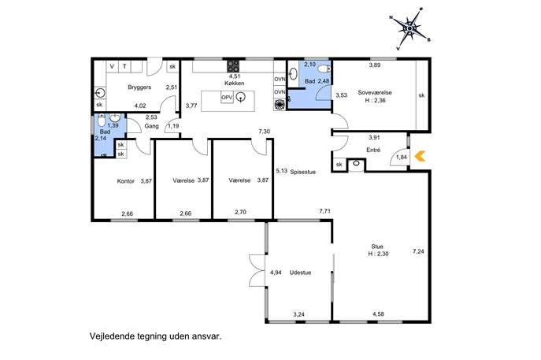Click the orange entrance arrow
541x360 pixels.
(x=420, y=156)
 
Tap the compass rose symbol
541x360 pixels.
(x=409, y=28)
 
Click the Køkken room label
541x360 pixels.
(x=234, y=84)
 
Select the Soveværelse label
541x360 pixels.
(x=375, y=92)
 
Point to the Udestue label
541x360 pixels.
(x=300, y=273)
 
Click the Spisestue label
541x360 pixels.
(x=303, y=172)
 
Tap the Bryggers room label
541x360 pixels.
(x=139, y=87)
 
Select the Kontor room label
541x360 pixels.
(x=125, y=181)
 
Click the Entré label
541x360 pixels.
(x=373, y=150)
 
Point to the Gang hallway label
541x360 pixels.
(x=151, y=126)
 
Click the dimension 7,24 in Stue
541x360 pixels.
(x=418, y=251)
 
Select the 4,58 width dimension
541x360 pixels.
(x=378, y=314)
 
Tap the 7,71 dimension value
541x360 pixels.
(x=324, y=211)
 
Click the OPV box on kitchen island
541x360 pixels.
(x=227, y=98)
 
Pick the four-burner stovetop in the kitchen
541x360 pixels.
(x=233, y=66)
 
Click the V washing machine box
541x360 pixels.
(x=112, y=67)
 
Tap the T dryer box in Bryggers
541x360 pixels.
(x=124, y=67)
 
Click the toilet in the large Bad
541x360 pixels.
(x=324, y=69)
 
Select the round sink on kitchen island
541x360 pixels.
(x=241, y=98)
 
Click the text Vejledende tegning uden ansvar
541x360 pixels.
(x=155, y=336)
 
